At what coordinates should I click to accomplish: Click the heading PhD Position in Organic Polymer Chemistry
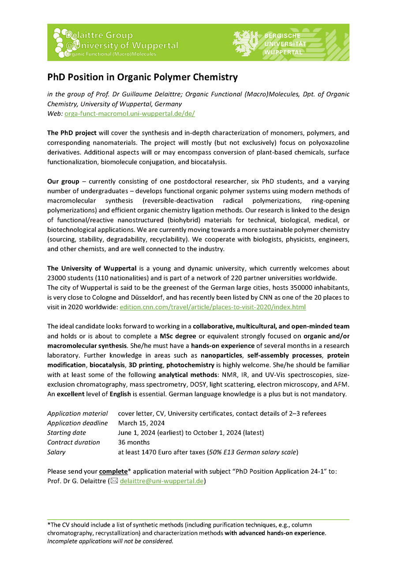coord(142,77)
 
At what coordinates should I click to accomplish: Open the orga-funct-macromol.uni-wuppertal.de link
coord(130,113)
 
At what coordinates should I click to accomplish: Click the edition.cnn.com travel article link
coord(213,307)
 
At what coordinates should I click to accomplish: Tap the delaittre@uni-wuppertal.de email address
coord(162,481)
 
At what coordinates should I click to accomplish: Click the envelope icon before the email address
coord(114,481)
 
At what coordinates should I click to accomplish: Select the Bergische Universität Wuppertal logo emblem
coord(247,43)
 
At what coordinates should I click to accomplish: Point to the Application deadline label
coord(77,423)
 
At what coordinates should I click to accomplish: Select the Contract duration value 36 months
coord(134,442)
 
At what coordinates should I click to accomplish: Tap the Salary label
coord(56,452)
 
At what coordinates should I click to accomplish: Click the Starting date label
coord(67,433)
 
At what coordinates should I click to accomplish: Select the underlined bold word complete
coord(113,471)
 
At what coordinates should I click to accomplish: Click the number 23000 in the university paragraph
coord(57,278)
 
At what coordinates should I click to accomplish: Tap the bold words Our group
coord(63,181)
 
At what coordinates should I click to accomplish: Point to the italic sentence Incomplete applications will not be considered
coord(110,541)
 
